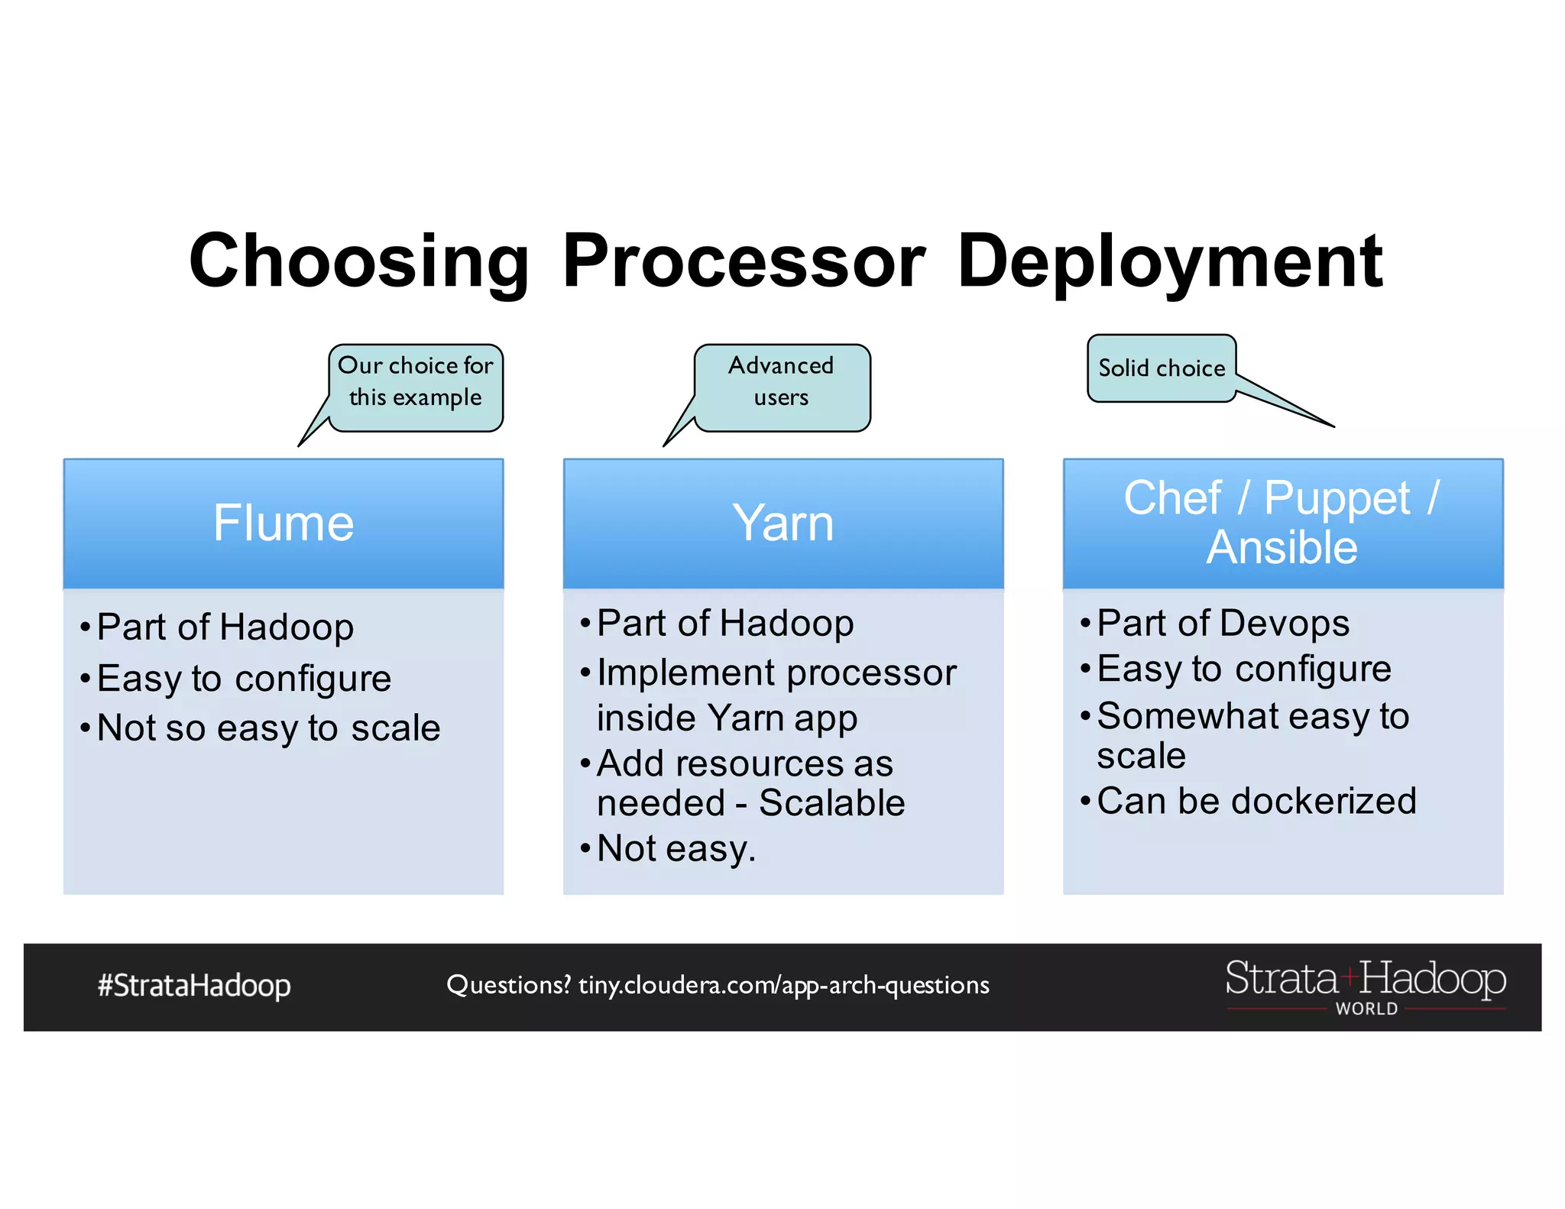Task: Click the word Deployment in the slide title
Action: (1169, 261)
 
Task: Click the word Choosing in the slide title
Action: (359, 261)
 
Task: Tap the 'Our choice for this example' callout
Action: (416, 382)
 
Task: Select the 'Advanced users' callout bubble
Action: (781, 382)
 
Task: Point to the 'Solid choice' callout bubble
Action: (1161, 368)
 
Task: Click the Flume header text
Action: (284, 523)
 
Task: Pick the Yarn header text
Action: (782, 523)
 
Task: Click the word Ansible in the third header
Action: (1281, 548)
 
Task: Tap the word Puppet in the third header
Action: (1337, 499)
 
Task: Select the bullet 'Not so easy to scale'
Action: (268, 728)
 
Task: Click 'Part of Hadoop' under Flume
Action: (225, 627)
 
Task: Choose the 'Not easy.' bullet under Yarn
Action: (676, 849)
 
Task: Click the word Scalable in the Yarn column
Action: (831, 803)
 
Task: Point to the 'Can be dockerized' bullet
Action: (1256, 802)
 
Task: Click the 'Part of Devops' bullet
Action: (1223, 624)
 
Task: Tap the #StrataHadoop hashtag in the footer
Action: (194, 986)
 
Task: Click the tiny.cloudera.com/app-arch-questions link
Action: (783, 985)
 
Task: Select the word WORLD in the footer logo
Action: (1366, 1009)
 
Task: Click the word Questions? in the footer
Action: (508, 985)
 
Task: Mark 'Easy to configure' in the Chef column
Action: (1243, 669)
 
